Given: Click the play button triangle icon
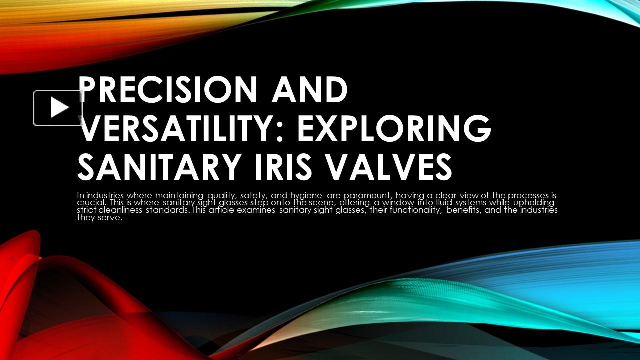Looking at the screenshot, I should [x=59, y=108].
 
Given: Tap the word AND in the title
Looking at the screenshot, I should [x=310, y=90].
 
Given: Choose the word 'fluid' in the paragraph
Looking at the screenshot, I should [x=439, y=203].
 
